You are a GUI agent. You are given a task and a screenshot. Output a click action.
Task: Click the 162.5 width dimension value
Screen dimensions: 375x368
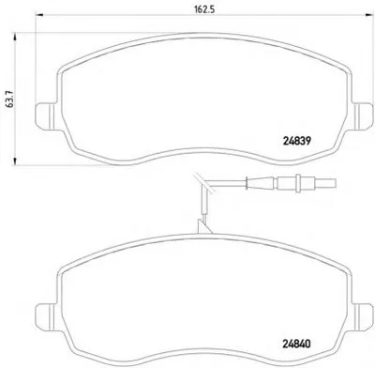(x=204, y=8)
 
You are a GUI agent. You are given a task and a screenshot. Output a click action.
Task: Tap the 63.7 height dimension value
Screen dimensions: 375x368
(x=10, y=100)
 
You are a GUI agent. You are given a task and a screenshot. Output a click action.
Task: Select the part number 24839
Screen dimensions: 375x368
(x=297, y=141)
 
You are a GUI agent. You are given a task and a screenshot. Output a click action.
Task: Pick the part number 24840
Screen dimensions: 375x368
(x=296, y=345)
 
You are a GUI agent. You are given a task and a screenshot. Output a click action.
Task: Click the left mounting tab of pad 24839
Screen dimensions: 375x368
(x=45, y=116)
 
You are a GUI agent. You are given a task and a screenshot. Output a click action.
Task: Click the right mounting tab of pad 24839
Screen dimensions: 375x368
(x=363, y=115)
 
